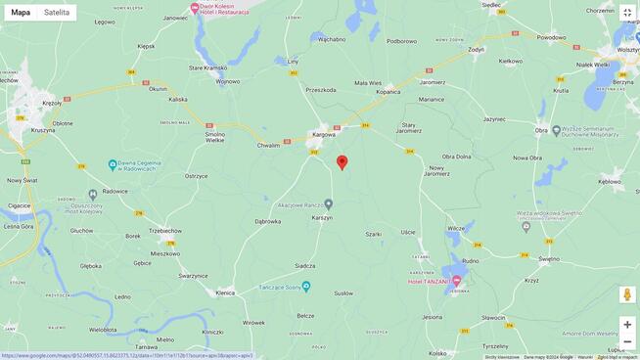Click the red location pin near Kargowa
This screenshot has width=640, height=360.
(x=342, y=161)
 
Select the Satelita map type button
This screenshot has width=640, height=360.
(x=57, y=13)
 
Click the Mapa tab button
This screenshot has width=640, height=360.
(x=21, y=13)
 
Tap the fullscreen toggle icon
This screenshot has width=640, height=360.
(x=627, y=13)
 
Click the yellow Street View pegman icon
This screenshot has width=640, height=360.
(x=627, y=294)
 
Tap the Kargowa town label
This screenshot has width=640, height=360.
(x=324, y=134)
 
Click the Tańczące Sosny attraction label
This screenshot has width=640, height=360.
(x=264, y=287)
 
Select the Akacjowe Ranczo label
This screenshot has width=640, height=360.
(x=299, y=204)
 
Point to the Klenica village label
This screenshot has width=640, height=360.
(x=225, y=292)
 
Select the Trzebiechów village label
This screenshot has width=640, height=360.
(x=165, y=231)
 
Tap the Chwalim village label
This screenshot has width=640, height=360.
(x=268, y=145)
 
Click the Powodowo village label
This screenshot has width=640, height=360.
(x=551, y=37)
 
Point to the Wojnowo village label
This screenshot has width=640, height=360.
(x=228, y=81)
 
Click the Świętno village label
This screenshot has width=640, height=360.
(x=548, y=259)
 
